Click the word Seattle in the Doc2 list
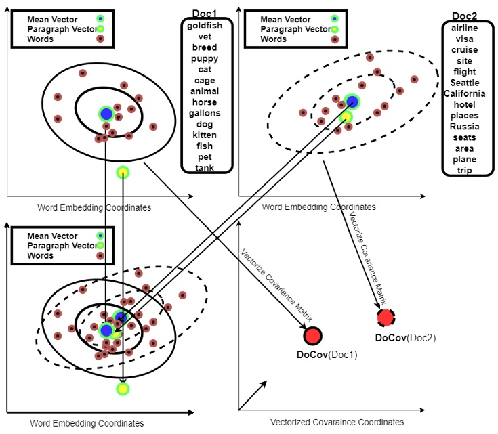pyautogui.click(x=464, y=83)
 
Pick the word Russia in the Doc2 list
pyautogui.click(x=464, y=127)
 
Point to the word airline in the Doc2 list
pyautogui.click(x=464, y=28)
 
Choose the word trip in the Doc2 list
pyautogui.click(x=464, y=171)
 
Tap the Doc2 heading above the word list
pyautogui.click(x=465, y=16)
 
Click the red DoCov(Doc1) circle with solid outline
pyautogui.click(x=313, y=336)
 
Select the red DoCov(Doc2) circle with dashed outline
pyautogui.click(x=386, y=317)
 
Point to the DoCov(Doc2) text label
pyautogui.click(x=405, y=337)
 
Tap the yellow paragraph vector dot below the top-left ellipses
pyautogui.click(x=123, y=172)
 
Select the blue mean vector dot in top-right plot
pyautogui.click(x=351, y=102)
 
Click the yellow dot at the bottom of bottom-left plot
pyautogui.click(x=123, y=389)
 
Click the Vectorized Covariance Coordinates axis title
pyautogui.click(x=337, y=422)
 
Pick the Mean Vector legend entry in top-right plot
pyautogui.click(x=281, y=20)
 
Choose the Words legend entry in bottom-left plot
pyautogui.click(x=40, y=256)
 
